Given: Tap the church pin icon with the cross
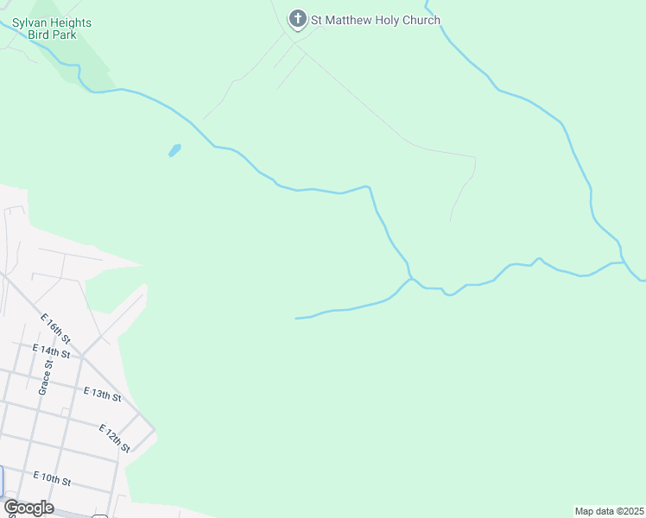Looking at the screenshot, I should [x=298, y=19].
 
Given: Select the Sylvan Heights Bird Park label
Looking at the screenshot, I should [x=52, y=28].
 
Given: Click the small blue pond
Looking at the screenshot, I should [x=175, y=150].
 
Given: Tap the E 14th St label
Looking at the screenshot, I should [x=51, y=351].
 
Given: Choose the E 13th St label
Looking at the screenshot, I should [x=102, y=394].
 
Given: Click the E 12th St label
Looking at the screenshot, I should [x=114, y=438].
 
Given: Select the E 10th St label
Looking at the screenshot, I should [x=52, y=477].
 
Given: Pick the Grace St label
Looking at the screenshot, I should [x=44, y=377].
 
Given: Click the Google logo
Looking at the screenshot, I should [x=28, y=508].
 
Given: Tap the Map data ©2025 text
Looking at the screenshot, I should [x=609, y=511].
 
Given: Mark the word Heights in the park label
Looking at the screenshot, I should [x=72, y=22].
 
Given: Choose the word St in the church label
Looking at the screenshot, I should [x=317, y=20].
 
